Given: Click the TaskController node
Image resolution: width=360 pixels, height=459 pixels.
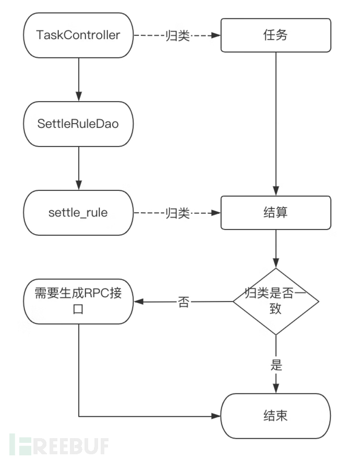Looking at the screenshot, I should coord(78,35).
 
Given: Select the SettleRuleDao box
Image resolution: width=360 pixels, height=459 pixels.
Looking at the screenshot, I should coord(78,124).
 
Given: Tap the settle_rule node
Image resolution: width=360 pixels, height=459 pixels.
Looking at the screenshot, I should coord(78,213).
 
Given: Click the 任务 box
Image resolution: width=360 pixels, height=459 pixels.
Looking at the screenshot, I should coord(275,35).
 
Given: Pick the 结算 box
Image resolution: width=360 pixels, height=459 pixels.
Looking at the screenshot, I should coord(275,213).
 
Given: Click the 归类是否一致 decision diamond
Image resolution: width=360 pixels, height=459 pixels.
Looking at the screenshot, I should coord(275,301).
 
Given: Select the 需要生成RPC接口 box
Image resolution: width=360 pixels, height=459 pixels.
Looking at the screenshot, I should coord(78,301).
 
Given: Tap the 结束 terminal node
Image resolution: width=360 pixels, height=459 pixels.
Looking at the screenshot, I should coord(275,416).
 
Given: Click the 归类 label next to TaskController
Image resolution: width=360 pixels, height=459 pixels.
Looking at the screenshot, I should coord(177,35).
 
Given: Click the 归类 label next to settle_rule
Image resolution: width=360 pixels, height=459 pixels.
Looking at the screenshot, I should coord(177,213).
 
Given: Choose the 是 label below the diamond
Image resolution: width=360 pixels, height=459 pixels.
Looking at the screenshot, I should coord(276,365).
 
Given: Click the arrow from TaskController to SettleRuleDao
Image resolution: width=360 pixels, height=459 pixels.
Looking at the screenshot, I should coord(78,78).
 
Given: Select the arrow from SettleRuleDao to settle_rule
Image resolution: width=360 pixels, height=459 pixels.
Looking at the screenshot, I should coord(78,167).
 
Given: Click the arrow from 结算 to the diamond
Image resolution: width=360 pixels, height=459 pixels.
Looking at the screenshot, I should coord(275,248).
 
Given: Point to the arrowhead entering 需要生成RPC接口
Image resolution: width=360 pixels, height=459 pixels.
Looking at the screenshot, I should coord(138,301).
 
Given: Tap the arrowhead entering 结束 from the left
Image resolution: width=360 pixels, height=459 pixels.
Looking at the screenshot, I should coord(216,416).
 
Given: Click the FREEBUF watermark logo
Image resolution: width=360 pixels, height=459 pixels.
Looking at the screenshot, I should coord(57,445).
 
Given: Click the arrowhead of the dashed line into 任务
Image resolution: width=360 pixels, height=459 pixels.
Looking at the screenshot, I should coord(216,35).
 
